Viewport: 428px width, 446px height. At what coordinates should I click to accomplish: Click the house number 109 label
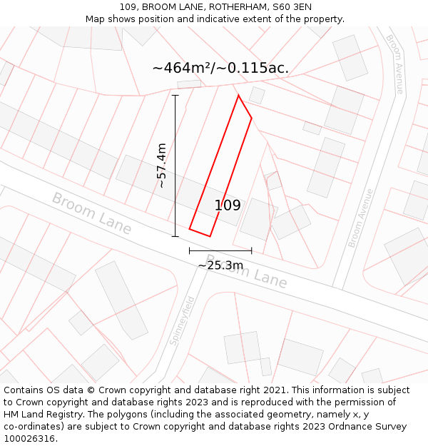coord(228,206)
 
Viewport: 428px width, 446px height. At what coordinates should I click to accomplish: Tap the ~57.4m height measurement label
coord(161,166)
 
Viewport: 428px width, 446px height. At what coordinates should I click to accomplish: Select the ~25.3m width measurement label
coord(220,265)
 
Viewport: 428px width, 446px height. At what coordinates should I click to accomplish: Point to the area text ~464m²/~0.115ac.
coord(220,68)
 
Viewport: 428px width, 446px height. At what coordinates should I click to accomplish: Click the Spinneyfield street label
coord(182,320)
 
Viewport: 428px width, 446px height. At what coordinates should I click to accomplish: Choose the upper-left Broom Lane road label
coord(92,213)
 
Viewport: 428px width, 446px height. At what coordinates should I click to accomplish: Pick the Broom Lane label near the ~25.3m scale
coord(247,272)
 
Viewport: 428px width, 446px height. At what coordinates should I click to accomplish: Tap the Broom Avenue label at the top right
coord(394,64)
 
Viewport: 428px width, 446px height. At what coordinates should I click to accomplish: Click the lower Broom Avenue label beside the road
coord(361,218)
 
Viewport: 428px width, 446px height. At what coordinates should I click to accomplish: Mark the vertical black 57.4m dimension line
coord(175,166)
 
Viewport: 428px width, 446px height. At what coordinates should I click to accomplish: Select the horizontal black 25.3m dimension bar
coord(220,250)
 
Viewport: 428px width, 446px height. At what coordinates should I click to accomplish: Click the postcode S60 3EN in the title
coord(292,7)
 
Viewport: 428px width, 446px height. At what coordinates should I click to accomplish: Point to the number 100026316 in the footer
coord(30,439)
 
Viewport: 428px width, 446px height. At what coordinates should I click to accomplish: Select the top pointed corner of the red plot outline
coord(238,95)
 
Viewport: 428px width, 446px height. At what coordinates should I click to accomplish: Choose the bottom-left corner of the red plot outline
coord(190,229)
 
